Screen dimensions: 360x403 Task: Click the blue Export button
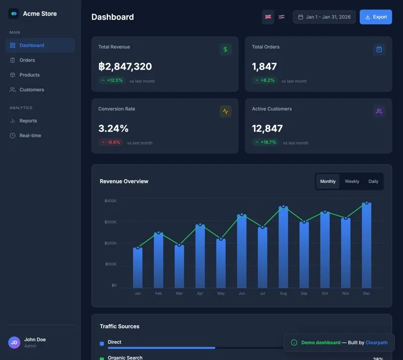tap(376, 17)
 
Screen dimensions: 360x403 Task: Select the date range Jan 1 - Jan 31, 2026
tap(324, 17)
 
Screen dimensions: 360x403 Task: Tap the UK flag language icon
tap(268, 17)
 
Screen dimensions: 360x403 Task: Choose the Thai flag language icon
tap(282, 17)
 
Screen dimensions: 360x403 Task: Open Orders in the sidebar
tap(27, 60)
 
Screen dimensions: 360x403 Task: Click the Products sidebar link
tap(29, 75)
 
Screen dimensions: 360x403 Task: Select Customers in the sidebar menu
tap(31, 90)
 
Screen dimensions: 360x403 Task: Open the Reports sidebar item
tap(28, 121)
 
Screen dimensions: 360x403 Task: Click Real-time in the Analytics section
tap(30, 136)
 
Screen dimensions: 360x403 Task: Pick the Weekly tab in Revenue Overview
tap(352, 182)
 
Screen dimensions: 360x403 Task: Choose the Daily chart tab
tap(373, 182)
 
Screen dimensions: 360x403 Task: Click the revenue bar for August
tap(283, 247)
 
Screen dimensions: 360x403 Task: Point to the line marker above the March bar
tap(179, 245)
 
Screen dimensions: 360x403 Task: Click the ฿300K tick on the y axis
tap(110, 222)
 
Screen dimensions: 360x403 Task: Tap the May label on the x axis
tap(221, 293)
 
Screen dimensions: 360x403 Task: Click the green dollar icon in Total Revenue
tap(225, 49)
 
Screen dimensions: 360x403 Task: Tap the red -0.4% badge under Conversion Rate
tap(111, 142)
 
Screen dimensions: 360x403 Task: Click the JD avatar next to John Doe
tap(14, 343)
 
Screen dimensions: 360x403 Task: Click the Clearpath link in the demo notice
tap(376, 343)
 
